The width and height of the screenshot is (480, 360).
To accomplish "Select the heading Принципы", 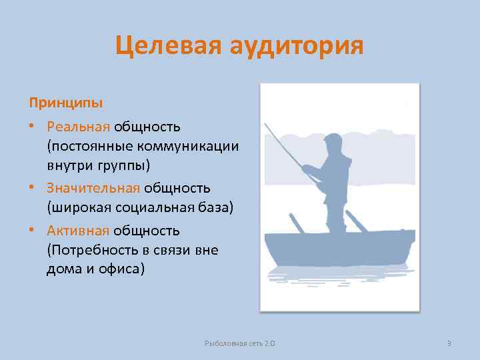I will [65, 103].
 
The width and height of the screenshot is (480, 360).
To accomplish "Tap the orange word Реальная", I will [78, 126].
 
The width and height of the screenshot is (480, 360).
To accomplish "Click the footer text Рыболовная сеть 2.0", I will [240, 343].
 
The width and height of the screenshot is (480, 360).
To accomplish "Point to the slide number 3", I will [449, 343].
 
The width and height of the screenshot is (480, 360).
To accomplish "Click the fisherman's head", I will [333, 144].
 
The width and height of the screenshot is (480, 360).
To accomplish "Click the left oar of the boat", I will [296, 223].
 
